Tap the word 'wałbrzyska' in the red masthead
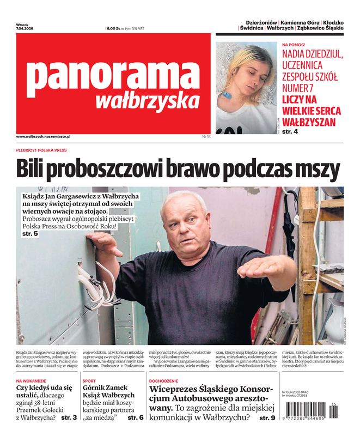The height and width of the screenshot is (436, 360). (147, 101)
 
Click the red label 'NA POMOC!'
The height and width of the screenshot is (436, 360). (294, 45)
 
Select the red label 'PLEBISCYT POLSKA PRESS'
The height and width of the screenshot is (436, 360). (41, 150)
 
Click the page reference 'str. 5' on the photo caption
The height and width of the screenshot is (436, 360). (30, 233)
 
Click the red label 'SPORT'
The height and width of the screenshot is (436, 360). (89, 380)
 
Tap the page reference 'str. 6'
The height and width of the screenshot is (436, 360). (135, 417)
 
